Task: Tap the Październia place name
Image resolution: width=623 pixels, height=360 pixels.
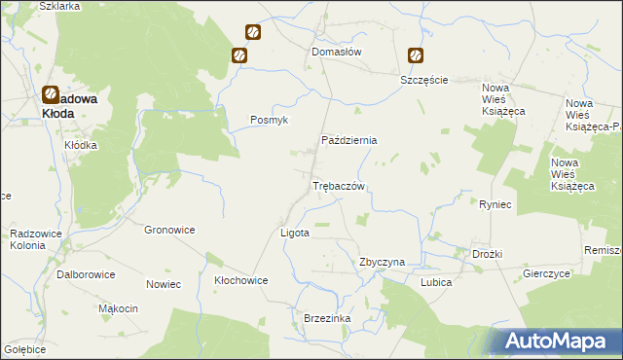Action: point(348,140)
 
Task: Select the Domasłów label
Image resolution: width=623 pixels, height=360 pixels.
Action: point(336,52)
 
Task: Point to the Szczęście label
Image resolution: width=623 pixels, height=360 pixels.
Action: point(423,80)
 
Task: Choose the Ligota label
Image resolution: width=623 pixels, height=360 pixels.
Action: point(294,234)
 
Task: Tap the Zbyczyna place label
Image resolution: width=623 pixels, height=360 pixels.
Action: point(382,263)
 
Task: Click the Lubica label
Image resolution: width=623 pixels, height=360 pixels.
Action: point(435,282)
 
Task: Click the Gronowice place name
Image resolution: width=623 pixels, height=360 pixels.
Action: point(169,230)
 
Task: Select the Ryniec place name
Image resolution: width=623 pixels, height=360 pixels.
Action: point(495,204)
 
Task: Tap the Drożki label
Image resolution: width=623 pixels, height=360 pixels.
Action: point(487,254)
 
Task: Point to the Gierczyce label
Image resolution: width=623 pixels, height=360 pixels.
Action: point(545,274)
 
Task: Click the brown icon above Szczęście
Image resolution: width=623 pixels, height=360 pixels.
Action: point(416,56)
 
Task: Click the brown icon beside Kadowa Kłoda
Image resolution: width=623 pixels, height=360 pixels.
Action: point(51,94)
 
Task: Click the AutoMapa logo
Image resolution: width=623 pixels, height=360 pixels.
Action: point(557,341)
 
